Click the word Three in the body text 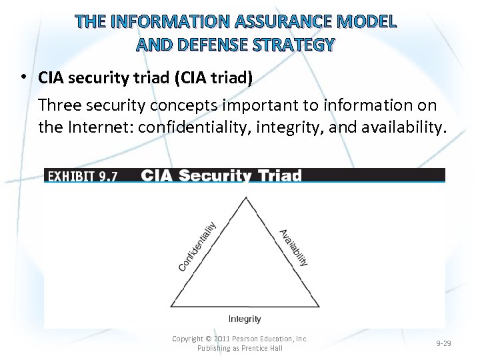(x=61, y=105)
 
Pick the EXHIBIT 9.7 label (x=83, y=176)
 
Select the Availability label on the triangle (x=294, y=247)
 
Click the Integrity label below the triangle (x=245, y=319)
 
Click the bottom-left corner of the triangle (x=171, y=307)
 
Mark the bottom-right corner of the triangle (x=319, y=307)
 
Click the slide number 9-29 (x=443, y=343)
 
